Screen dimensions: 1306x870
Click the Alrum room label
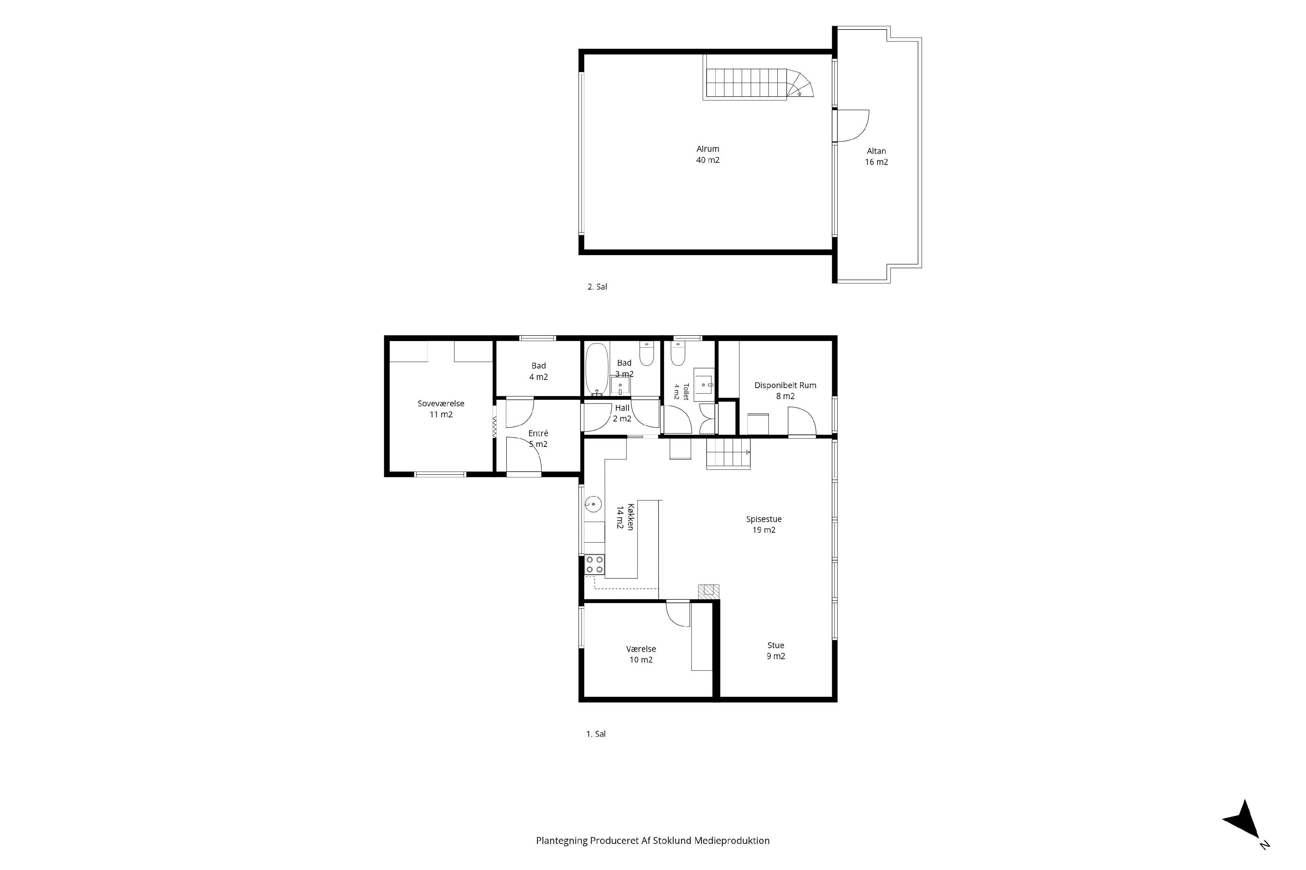(708, 154)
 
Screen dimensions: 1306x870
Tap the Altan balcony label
(876, 157)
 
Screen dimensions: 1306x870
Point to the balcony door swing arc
(860, 131)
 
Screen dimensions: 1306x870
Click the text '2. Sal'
(597, 287)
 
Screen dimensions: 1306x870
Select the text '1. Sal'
(596, 734)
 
